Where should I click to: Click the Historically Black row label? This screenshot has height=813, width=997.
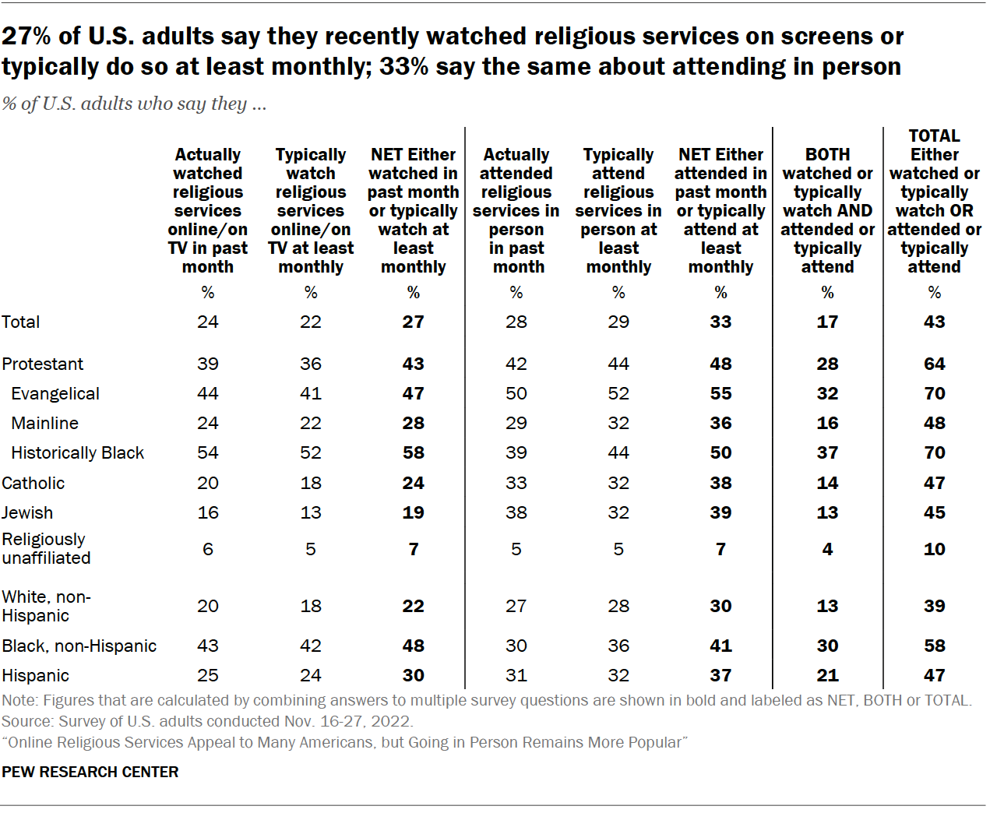click(x=77, y=452)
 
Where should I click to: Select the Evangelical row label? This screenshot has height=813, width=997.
click(x=55, y=393)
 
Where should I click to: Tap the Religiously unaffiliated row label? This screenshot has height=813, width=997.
click(x=46, y=548)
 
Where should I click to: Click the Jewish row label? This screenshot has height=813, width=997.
click(x=27, y=512)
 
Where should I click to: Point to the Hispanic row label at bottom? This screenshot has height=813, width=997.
click(x=35, y=675)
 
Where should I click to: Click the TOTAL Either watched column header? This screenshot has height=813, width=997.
click(x=934, y=201)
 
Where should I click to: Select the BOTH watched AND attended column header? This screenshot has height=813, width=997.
click(x=827, y=210)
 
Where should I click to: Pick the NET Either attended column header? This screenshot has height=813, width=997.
click(x=720, y=210)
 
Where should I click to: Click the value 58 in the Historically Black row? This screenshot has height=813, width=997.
click(x=413, y=452)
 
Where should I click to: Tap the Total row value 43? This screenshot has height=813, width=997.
click(x=934, y=322)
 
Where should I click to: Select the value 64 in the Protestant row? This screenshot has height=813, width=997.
click(x=934, y=364)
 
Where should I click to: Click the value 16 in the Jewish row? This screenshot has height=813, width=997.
click(x=208, y=512)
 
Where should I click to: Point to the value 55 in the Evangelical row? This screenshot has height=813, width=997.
click(x=720, y=393)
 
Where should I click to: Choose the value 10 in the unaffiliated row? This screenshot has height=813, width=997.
click(x=934, y=549)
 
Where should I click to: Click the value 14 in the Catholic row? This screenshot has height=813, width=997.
click(x=827, y=483)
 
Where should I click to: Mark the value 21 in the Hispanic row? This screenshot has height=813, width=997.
click(x=827, y=675)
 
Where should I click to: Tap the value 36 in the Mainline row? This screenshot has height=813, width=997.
click(x=720, y=423)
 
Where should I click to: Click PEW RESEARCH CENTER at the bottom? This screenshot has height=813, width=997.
click(x=90, y=772)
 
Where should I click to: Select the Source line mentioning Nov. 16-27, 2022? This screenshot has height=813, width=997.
click(x=207, y=721)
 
